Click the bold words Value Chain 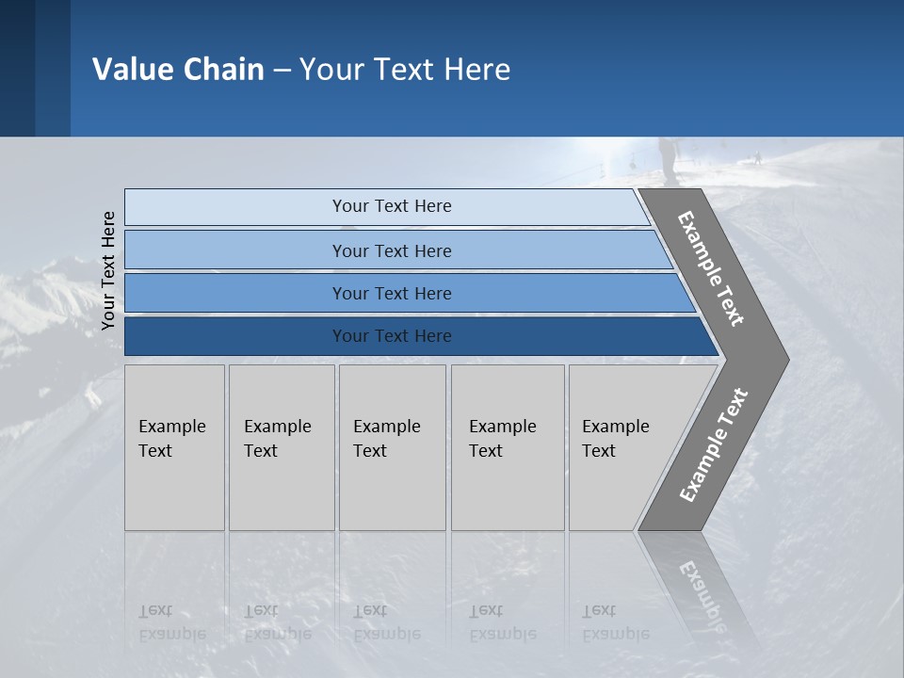click(178, 70)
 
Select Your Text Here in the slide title click(405, 70)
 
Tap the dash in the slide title click(282, 71)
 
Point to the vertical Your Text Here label click(108, 270)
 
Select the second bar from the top click(391, 250)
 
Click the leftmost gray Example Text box click(174, 447)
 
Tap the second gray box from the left click(282, 447)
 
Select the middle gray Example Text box click(392, 447)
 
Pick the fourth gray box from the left click(508, 447)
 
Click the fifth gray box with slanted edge click(621, 447)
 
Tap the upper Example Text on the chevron click(711, 268)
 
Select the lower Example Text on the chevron click(713, 444)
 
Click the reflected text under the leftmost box click(171, 622)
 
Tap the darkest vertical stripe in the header click(17, 68)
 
